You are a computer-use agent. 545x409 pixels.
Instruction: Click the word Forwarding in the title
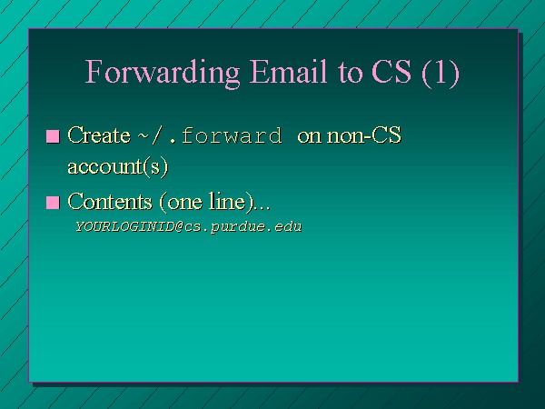[x=163, y=73]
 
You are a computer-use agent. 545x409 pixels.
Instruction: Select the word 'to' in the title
[x=350, y=73]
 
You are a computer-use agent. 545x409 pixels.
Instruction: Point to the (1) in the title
[x=441, y=73]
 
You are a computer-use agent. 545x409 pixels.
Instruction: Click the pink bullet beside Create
[x=53, y=136]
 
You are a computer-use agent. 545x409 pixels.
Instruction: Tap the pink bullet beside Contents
[x=53, y=203]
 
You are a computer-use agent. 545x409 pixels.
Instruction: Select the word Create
[x=99, y=135]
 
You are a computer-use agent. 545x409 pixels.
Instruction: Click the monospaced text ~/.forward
[x=211, y=135]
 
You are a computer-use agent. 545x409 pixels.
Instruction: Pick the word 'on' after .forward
[x=309, y=136]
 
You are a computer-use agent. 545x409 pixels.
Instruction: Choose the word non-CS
[x=364, y=135]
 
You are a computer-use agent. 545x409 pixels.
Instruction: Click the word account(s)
[x=118, y=166]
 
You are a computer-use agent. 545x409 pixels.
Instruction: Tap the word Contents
[x=110, y=202]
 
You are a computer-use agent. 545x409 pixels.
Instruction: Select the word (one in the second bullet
[x=181, y=202]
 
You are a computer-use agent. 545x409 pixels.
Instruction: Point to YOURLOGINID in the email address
[x=125, y=226]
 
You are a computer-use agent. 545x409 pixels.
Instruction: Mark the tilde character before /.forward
[x=144, y=136]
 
